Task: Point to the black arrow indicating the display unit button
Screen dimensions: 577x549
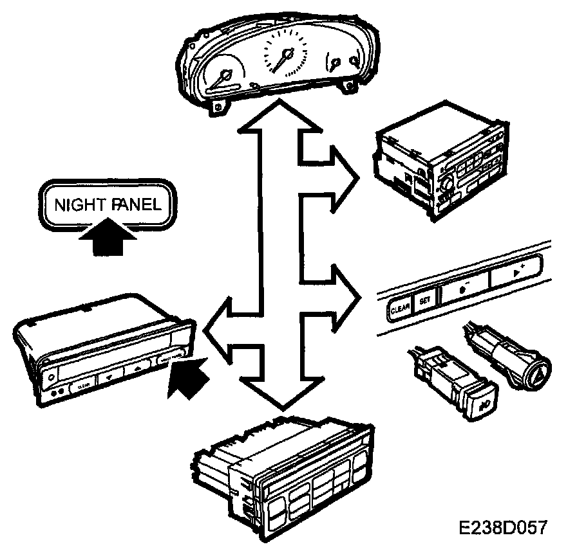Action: point(189,379)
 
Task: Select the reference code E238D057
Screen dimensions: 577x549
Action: point(503,528)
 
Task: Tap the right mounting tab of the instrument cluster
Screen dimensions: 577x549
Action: point(349,85)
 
